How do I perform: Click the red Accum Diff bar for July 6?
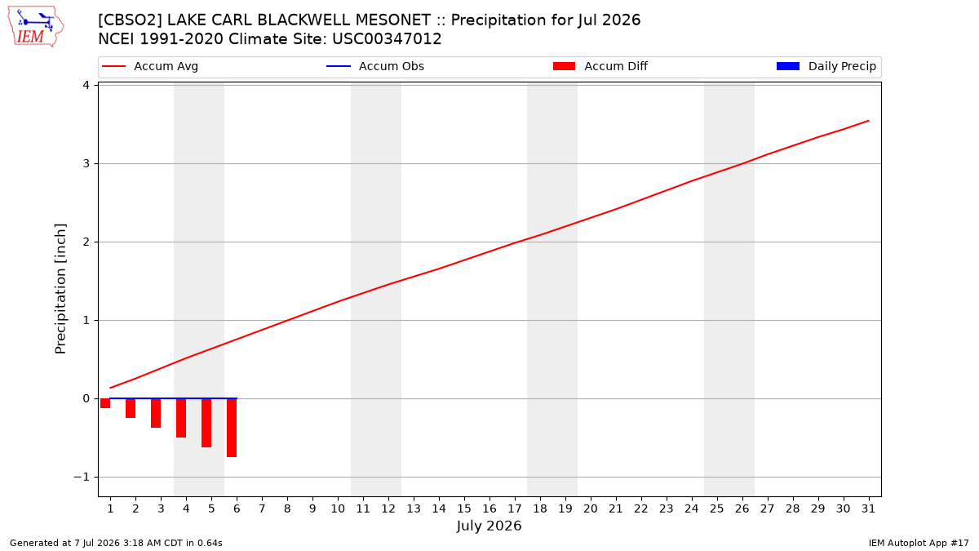pyautogui.click(x=232, y=428)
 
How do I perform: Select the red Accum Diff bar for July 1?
pyautogui.click(x=105, y=403)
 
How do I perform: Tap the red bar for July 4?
pyautogui.click(x=181, y=418)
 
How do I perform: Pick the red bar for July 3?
pyautogui.click(x=156, y=413)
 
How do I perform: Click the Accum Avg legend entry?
pyautogui.click(x=150, y=66)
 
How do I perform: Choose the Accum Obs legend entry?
pyautogui.click(x=375, y=66)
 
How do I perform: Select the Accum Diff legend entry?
pyautogui.click(x=600, y=66)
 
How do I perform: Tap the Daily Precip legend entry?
pyautogui.click(x=826, y=66)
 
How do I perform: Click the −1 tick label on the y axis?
pyautogui.click(x=82, y=477)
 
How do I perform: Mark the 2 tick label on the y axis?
pyautogui.click(x=86, y=242)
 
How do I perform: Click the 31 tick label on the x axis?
pyautogui.click(x=868, y=509)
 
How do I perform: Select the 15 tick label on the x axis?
pyautogui.click(x=464, y=509)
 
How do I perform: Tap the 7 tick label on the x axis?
pyautogui.click(x=262, y=509)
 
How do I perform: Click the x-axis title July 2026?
pyautogui.click(x=489, y=526)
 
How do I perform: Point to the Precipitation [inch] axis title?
pyautogui.click(x=60, y=289)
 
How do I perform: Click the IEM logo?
pyautogui.click(x=35, y=27)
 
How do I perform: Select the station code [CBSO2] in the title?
pyautogui.click(x=130, y=20)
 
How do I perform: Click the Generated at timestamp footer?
pyautogui.click(x=116, y=543)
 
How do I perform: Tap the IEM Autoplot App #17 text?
pyautogui.click(x=919, y=543)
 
